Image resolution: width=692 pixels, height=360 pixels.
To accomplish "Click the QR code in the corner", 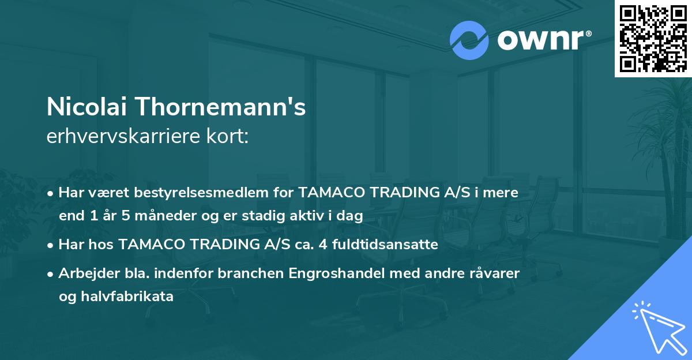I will click(x=653, y=38).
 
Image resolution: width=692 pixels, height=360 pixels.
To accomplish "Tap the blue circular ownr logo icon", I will click(x=469, y=39).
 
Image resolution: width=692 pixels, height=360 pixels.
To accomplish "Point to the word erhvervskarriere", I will click(x=121, y=137).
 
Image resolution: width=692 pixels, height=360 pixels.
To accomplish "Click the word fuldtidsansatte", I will click(x=392, y=245).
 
